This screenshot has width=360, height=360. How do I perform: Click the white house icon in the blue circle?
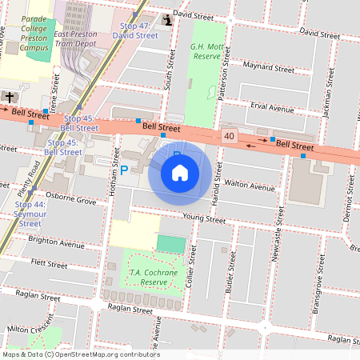tap(180, 172)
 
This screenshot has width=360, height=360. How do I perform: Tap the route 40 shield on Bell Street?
tap(230, 137)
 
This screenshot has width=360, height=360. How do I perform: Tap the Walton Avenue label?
tap(250, 186)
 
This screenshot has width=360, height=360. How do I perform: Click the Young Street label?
tap(206, 216)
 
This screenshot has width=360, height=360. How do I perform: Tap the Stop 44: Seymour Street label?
tap(30, 214)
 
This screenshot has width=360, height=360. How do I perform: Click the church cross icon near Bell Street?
tap(9, 97)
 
